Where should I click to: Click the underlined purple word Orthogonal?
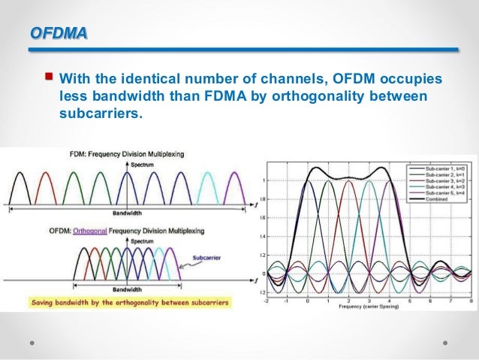pyautogui.click(x=95, y=230)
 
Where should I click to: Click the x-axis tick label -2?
pyautogui.click(x=266, y=300)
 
